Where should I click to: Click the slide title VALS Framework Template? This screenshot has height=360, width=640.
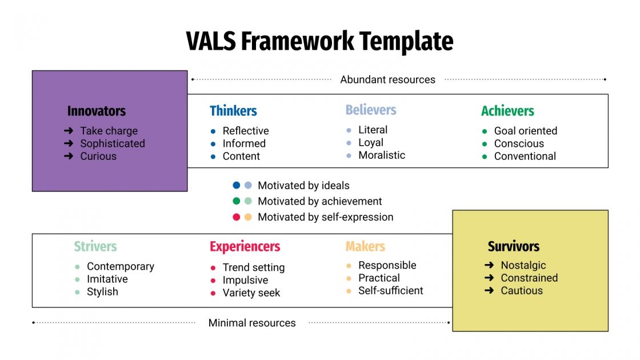[x=319, y=42]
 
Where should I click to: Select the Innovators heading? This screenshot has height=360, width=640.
[x=96, y=111]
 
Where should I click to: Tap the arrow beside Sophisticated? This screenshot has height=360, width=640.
[x=69, y=143]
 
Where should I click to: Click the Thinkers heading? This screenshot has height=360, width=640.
[x=233, y=111]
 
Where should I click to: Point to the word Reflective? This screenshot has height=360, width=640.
[x=246, y=131]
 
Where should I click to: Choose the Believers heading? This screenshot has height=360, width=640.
[x=370, y=110]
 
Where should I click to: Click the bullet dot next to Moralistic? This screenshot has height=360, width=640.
[x=349, y=155]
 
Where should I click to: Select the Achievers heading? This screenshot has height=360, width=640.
[x=507, y=111]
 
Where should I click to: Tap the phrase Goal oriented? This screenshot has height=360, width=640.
[x=525, y=131]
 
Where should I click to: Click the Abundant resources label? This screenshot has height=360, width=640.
[x=387, y=79]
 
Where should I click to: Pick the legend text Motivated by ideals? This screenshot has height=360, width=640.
[x=303, y=185]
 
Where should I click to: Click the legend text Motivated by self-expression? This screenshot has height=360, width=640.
[x=325, y=217]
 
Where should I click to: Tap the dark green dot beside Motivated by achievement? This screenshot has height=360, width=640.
[x=237, y=201]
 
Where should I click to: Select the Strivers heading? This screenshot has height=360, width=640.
[x=95, y=246]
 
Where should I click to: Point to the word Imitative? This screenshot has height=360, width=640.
[x=107, y=279]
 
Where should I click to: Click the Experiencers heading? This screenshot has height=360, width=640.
[x=245, y=246]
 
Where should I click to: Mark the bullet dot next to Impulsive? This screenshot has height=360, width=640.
[x=213, y=281]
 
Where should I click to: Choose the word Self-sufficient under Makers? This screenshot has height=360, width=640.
[x=390, y=290]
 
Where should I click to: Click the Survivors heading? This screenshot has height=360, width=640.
[x=513, y=246]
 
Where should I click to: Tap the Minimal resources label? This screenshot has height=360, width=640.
[x=252, y=323]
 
